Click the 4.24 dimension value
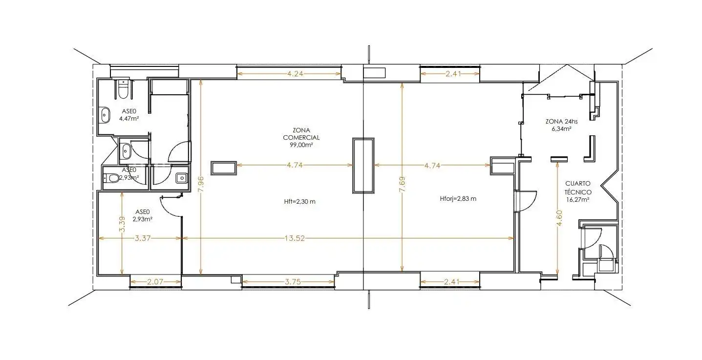295,74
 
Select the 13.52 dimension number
295,238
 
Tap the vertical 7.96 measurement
201,184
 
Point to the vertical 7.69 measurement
403,184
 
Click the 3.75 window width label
293,282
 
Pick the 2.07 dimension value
155,282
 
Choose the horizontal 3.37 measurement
143,238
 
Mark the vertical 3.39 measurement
122,224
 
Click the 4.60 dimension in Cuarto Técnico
560,218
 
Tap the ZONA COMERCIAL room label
301,134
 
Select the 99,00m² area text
301,145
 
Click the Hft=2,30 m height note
299,201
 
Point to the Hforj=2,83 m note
458,199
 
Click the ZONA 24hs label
561,121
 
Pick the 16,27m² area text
578,200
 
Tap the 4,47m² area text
129,119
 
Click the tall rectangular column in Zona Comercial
363,166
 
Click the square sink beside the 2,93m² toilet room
181,178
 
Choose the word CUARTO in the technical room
577,183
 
